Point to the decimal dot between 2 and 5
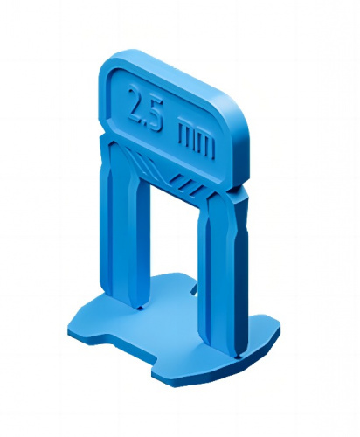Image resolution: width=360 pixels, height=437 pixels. [x=147, y=121]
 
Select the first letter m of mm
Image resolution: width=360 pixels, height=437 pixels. [x=187, y=132]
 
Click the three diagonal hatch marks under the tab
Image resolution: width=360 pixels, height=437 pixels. [x=186, y=185]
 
